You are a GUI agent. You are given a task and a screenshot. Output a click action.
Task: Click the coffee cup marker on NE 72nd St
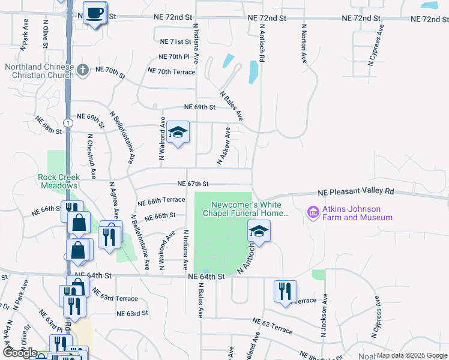(94, 13)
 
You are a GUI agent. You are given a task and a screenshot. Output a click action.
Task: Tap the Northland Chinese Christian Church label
(39, 70)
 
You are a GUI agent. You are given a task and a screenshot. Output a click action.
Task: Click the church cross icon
(83, 71)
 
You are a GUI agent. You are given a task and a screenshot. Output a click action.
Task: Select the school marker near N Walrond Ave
(178, 131)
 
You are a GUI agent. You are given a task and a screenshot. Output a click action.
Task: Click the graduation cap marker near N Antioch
(259, 230)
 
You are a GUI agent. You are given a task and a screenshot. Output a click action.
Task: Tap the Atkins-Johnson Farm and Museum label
(358, 213)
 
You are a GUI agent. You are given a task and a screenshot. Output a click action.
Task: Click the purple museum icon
(312, 212)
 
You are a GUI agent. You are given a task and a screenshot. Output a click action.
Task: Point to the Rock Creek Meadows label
(58, 181)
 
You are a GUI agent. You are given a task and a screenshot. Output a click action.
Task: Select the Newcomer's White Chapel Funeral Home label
(246, 209)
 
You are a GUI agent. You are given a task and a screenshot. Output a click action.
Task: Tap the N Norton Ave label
(304, 43)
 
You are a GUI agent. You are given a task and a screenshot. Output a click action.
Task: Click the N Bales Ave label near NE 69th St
(231, 106)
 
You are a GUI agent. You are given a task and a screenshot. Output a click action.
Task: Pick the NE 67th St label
(193, 184)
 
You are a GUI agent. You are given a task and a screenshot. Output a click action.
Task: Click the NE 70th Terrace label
(167, 72)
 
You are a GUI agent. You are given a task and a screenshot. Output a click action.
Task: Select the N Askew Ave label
(222, 146)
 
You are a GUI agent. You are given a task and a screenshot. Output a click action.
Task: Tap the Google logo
(19, 353)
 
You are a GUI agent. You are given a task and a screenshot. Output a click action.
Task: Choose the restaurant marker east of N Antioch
(285, 291)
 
